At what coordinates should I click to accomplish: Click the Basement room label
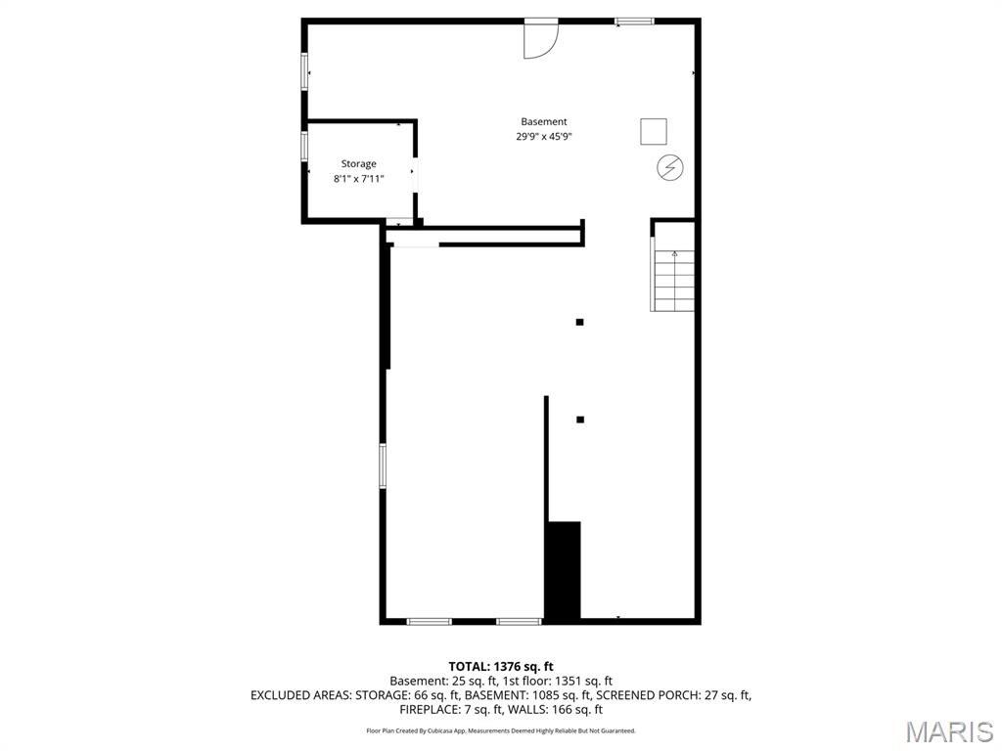click(543, 122)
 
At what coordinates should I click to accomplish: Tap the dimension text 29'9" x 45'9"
click(544, 137)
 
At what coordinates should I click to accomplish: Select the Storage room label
click(358, 164)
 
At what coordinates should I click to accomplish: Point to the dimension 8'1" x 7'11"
click(358, 179)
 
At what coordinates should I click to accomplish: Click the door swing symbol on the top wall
click(539, 39)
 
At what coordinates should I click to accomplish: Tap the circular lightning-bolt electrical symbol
click(670, 168)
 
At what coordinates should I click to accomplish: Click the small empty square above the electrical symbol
click(654, 131)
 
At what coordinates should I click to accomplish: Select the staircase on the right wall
click(674, 281)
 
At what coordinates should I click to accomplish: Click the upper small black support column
click(580, 322)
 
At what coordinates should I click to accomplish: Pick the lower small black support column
click(580, 420)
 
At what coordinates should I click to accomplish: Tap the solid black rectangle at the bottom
click(564, 571)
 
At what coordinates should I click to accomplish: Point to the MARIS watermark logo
click(949, 730)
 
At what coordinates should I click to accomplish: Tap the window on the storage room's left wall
click(304, 146)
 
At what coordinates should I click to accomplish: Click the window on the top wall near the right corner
click(634, 21)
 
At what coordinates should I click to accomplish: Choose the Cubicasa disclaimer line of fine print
click(501, 730)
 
